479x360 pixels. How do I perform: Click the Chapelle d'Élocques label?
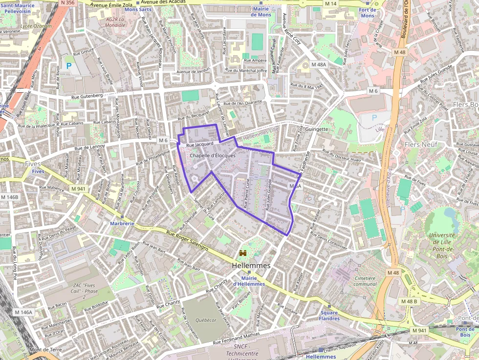coord(213,155)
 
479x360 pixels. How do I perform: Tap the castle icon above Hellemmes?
coord(242,253)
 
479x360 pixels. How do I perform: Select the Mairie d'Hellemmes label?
coord(249,281)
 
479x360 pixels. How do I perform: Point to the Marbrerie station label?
coord(122,223)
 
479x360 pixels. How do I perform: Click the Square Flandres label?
coord(329,316)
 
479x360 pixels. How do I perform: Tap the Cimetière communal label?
coord(365,281)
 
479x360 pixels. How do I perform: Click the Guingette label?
coord(316,129)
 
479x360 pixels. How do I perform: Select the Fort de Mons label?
coord(367,13)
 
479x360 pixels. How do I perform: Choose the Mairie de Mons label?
coord(261,12)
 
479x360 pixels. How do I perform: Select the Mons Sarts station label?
coord(138,9)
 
